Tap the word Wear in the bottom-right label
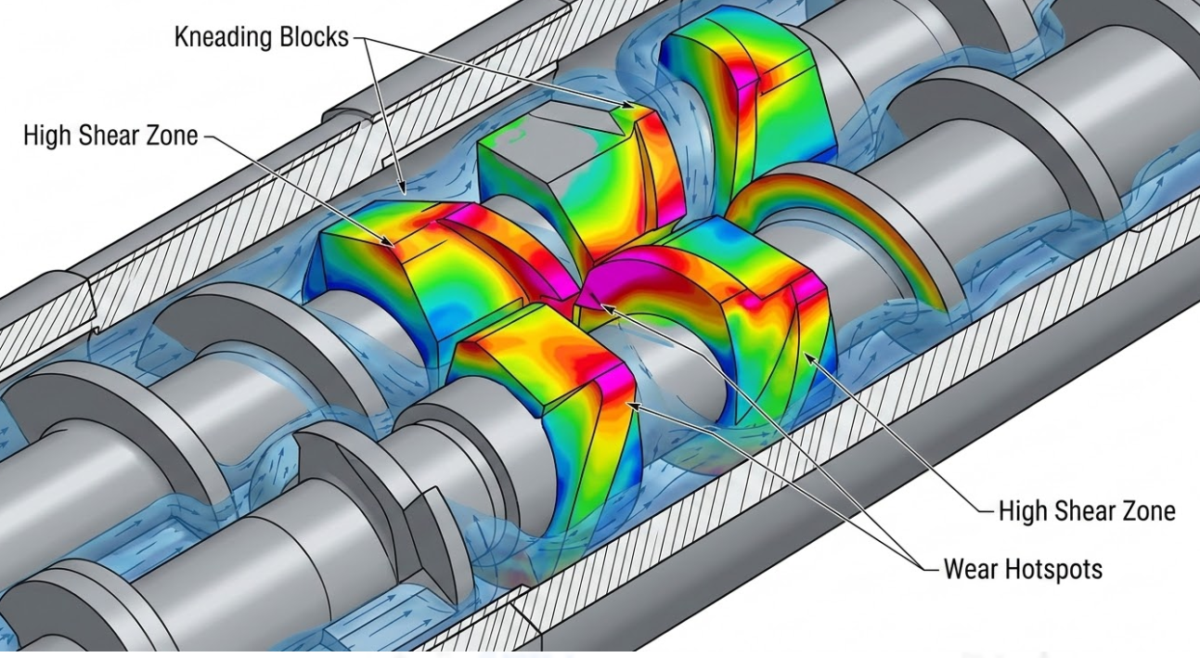point(970,569)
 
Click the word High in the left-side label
point(47,135)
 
